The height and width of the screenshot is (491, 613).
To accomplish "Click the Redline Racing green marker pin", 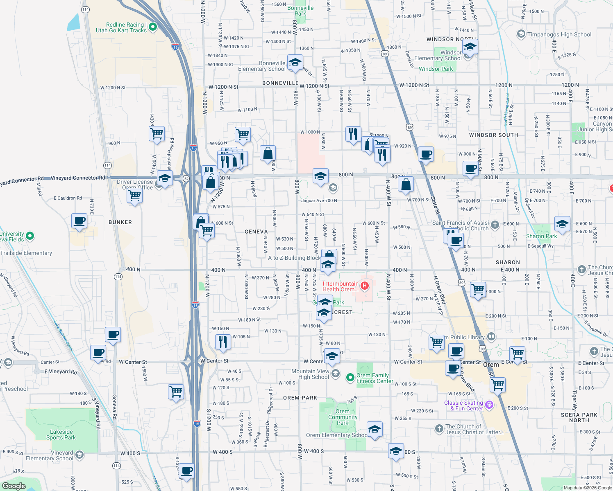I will click(153, 27).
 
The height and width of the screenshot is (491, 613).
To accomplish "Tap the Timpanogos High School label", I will click(559, 34).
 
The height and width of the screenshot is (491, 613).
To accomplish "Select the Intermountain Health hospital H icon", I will click(364, 285).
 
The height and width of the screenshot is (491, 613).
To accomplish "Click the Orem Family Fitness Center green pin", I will click(350, 378).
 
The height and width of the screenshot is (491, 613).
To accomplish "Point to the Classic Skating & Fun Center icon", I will click(489, 405).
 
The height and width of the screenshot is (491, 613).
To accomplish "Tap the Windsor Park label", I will click(436, 69).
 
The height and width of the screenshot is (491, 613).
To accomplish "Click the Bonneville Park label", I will click(300, 11).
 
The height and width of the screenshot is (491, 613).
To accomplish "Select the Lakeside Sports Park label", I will click(61, 435).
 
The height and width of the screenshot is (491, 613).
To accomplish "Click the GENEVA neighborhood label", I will click(256, 232).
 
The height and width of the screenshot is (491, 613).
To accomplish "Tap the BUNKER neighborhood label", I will click(120, 222).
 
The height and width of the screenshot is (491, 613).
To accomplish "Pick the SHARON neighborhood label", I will click(508, 262).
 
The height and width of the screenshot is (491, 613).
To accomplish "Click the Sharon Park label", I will click(541, 236).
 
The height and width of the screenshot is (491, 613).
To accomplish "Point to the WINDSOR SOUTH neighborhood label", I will click(493, 135).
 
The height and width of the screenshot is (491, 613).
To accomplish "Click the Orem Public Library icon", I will click(491, 337).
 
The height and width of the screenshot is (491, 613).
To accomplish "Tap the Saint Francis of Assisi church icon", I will click(495, 224).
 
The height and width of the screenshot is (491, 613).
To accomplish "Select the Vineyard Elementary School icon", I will click(79, 455).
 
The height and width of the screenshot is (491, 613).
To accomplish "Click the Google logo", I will click(14, 486).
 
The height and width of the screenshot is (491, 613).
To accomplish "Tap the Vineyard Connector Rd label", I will click(77, 178).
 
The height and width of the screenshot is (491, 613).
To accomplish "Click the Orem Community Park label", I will click(343, 417).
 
